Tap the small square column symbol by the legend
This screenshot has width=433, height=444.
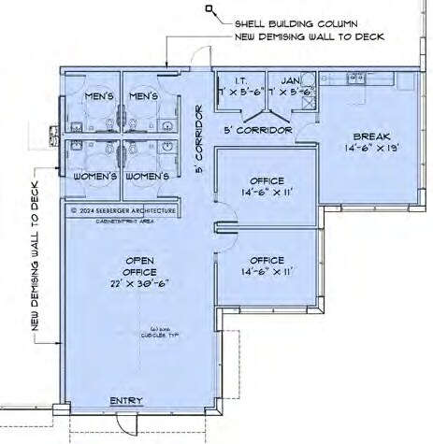tap(213, 10)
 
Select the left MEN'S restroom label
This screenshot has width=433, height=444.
tap(98, 96)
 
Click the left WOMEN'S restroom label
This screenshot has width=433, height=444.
tap(94, 176)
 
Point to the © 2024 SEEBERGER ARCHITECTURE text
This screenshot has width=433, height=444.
tap(123, 212)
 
